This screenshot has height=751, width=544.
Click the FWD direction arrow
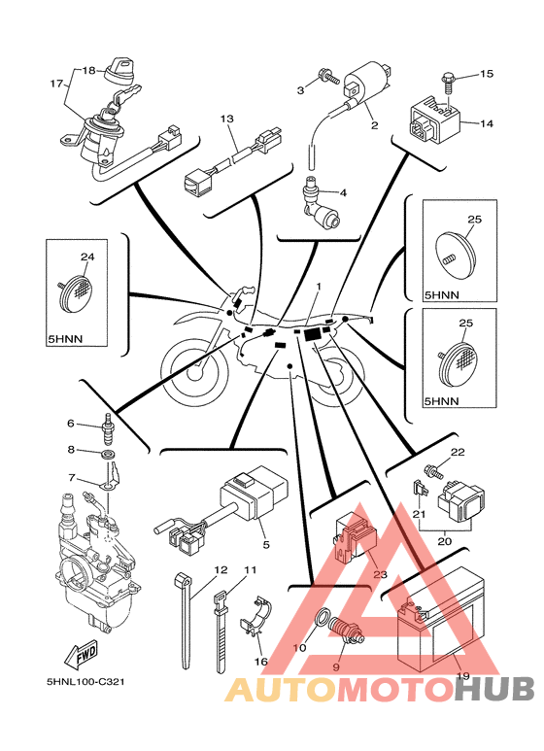click(x=82, y=654)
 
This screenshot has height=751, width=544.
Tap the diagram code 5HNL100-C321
click(x=85, y=682)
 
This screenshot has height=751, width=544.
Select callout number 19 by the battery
click(x=463, y=676)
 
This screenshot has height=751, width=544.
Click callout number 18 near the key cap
click(x=89, y=70)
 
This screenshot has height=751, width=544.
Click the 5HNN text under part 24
click(x=66, y=339)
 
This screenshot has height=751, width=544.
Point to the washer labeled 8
click(x=109, y=453)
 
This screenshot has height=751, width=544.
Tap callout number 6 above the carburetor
click(x=70, y=424)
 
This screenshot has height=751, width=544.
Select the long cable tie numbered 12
click(x=185, y=621)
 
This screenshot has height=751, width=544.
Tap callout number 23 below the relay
click(x=380, y=573)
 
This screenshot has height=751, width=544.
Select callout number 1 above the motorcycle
click(x=319, y=287)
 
